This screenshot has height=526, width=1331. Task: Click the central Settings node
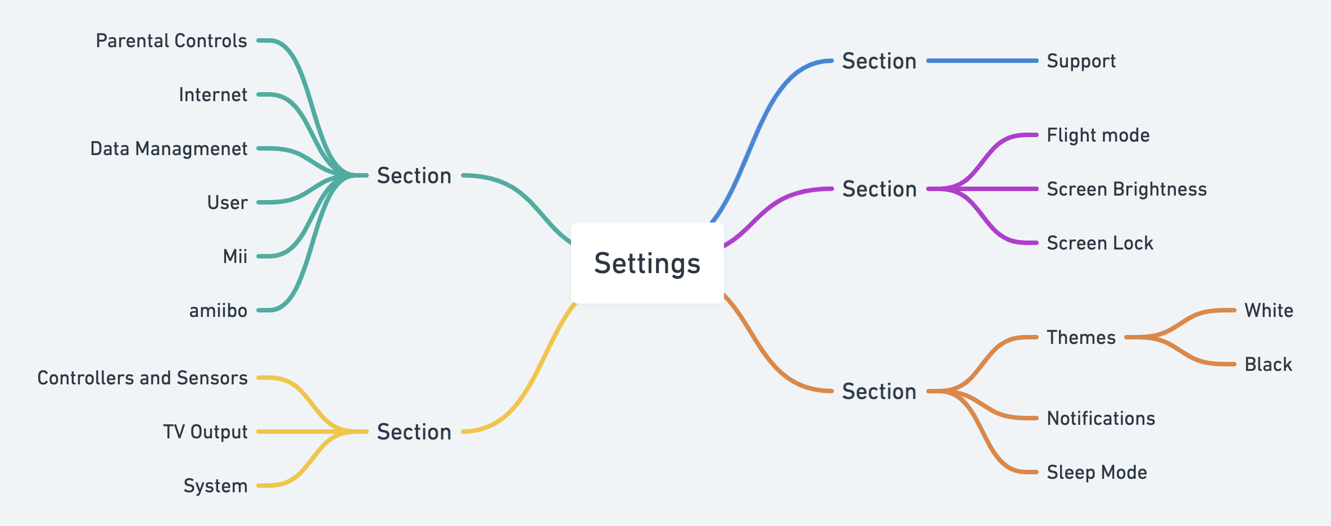tap(647, 263)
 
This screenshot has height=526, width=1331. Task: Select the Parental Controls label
tap(171, 41)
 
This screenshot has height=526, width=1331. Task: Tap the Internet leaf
tap(213, 95)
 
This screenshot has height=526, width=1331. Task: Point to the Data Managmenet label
tap(169, 149)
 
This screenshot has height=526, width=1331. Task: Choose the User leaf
tap(227, 203)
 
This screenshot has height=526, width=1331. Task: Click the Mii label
tap(235, 257)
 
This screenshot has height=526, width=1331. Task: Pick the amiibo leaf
tap(218, 311)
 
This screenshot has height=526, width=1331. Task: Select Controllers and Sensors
tap(142, 378)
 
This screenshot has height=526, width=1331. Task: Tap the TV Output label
tap(205, 432)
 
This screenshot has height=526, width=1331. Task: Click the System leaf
tap(215, 486)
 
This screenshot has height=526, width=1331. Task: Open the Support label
tap(1081, 61)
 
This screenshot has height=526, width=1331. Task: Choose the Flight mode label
tap(1098, 135)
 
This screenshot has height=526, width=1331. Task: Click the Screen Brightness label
tap(1127, 189)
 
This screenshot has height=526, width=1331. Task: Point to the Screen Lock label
tap(1100, 243)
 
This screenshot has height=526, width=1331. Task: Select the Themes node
tap(1081, 338)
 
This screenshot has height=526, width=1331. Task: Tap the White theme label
tap(1269, 311)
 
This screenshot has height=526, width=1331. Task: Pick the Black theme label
tap(1269, 365)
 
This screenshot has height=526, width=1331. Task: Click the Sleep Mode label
tap(1097, 473)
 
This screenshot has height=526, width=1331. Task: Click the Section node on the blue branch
tap(879, 61)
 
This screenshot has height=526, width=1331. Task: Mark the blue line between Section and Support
tap(982, 61)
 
